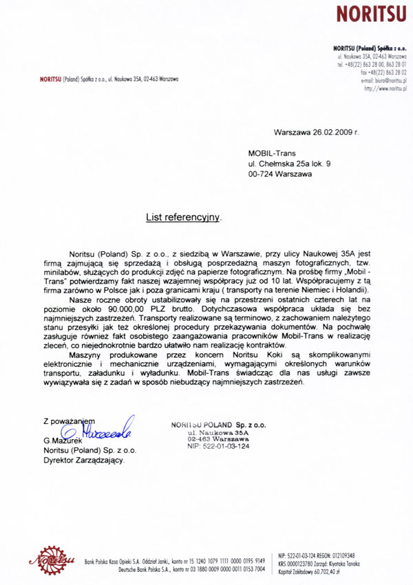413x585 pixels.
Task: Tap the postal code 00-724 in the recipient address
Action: (262, 175)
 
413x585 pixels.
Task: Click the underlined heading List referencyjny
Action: (183, 217)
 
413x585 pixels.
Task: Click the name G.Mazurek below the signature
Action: (63, 440)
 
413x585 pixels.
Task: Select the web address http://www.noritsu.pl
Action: (385, 88)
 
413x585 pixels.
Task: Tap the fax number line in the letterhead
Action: (383, 72)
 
